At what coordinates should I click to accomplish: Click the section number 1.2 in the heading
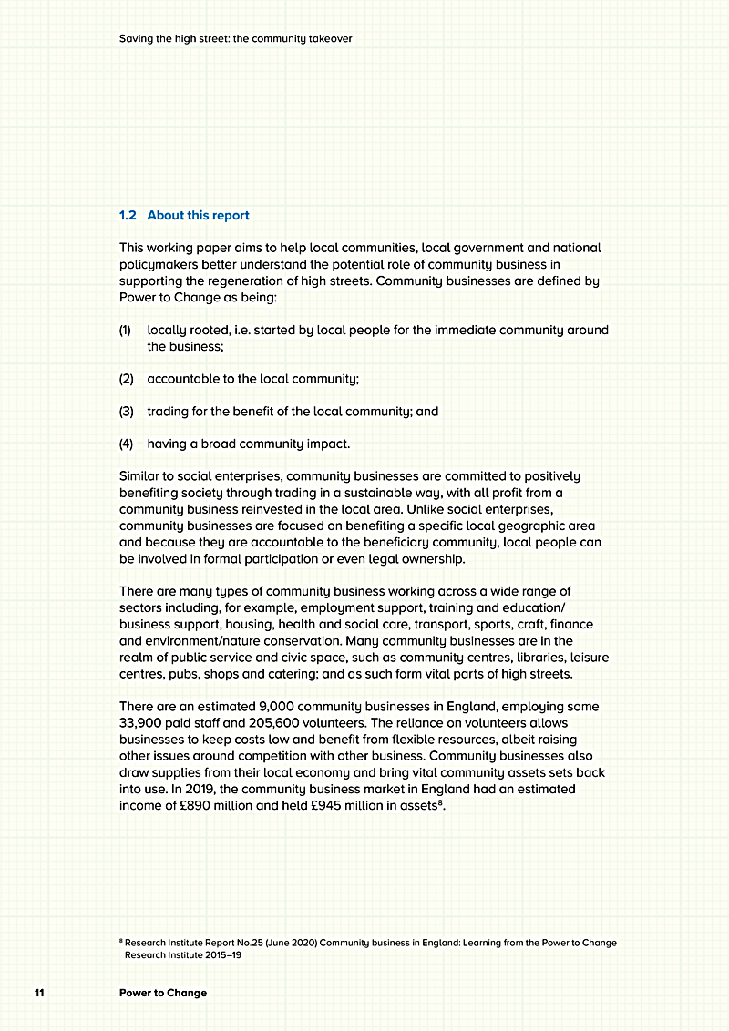click(x=128, y=216)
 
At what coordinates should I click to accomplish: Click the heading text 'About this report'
click(x=198, y=216)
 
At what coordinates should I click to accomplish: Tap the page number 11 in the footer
click(x=39, y=993)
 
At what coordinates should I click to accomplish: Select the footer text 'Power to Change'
click(x=163, y=993)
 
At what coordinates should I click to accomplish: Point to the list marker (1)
click(x=126, y=330)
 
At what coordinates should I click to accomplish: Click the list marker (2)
click(x=126, y=379)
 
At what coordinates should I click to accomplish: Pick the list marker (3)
click(x=126, y=412)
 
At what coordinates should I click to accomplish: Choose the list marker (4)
click(x=126, y=444)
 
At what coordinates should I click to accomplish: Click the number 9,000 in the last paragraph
click(x=278, y=707)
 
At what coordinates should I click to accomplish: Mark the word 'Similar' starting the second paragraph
click(x=140, y=476)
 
